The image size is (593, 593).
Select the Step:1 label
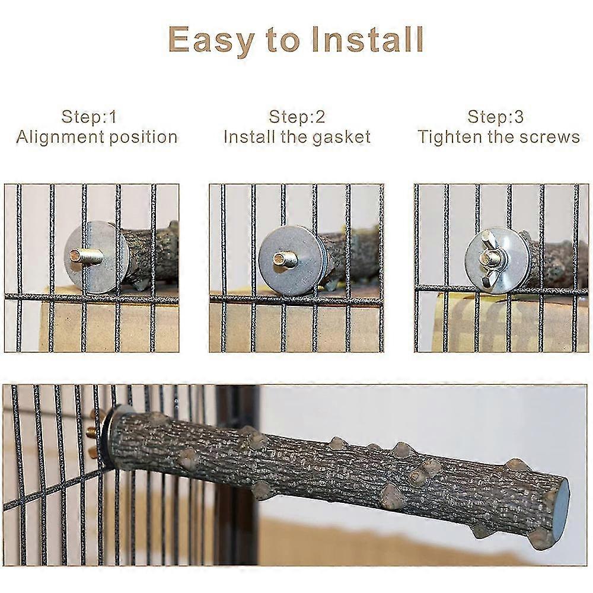tap(90, 116)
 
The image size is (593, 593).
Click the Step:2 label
tap(297, 116)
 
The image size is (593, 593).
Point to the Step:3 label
tap(495, 116)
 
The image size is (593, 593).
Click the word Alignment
tap(60, 138)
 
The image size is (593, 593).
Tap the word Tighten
tap(449, 138)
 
